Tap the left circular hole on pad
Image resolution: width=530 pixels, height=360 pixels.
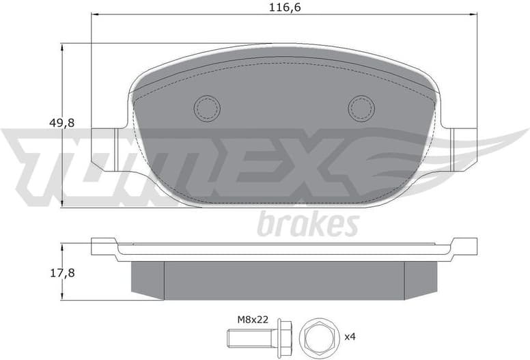pyautogui.click(x=207, y=107)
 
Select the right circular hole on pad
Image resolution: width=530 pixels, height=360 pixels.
pyautogui.click(x=361, y=107)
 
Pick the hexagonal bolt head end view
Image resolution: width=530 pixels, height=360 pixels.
pyautogui.click(x=316, y=337)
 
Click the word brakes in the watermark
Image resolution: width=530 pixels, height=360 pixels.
pyautogui.click(x=307, y=224)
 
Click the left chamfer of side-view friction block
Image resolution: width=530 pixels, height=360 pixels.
pyautogui.click(x=148, y=280)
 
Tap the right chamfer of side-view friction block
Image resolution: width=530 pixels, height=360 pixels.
pyautogui.click(x=421, y=280)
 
